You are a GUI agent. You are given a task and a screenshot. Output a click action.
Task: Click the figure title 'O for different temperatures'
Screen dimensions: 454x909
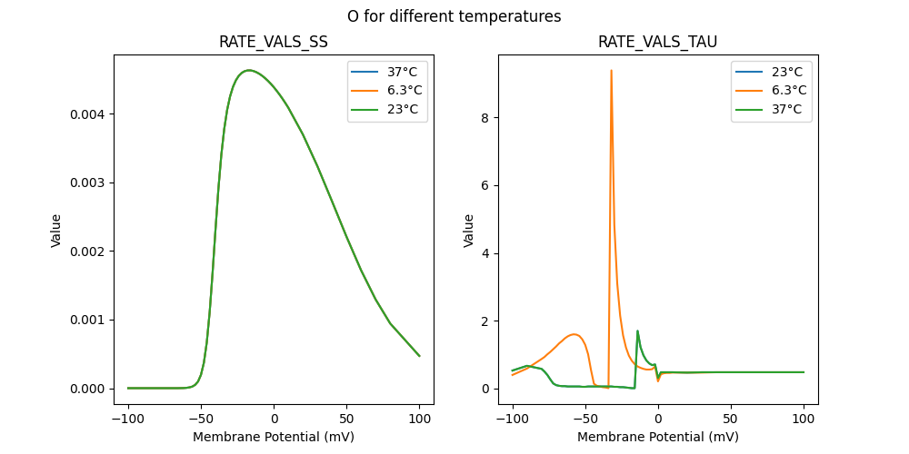tap(454, 16)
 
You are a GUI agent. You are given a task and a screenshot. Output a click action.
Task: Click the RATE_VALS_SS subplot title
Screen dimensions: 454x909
tap(274, 42)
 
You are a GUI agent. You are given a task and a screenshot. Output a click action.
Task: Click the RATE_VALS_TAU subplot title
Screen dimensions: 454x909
tap(657, 42)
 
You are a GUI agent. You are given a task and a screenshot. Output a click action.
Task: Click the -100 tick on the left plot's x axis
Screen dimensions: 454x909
tap(128, 419)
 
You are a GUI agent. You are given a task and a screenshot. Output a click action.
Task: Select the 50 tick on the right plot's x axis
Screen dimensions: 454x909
tap(730, 419)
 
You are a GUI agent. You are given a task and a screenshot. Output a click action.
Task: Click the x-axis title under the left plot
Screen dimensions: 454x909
tap(274, 437)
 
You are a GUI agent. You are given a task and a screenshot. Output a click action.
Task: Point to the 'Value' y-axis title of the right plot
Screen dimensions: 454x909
tap(469, 230)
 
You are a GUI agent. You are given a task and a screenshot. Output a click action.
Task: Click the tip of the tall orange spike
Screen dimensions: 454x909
tap(611, 70)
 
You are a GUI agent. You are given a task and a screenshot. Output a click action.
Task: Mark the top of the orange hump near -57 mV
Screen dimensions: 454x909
tap(574, 334)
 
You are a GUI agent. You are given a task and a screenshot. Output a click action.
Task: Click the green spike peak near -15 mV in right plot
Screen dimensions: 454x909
tap(637, 331)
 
